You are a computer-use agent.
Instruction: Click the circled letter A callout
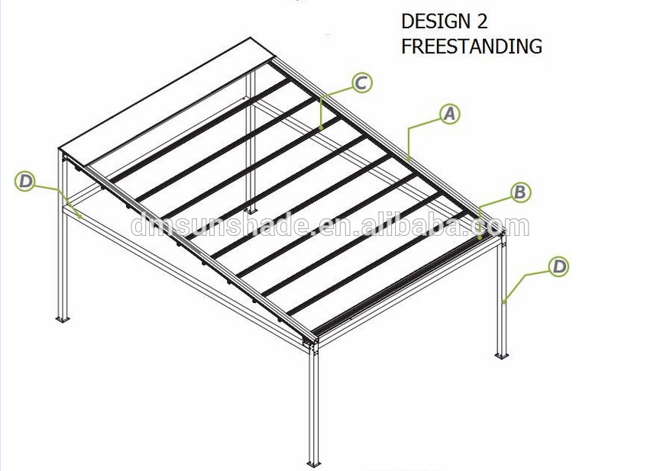(x=449, y=114)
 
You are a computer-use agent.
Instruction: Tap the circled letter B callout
(x=519, y=192)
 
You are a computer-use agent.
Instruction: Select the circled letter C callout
(x=361, y=82)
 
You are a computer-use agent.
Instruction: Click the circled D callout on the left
(x=25, y=181)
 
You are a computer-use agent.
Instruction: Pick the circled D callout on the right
(x=560, y=266)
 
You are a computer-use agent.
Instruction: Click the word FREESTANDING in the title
(x=471, y=47)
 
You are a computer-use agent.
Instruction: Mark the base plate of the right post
(x=501, y=355)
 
